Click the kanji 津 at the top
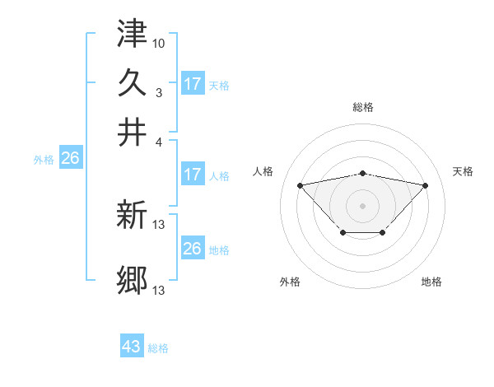[132, 34]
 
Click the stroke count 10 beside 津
[160, 42]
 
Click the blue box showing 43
[132, 347]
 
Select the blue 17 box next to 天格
[193, 83]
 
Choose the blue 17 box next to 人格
[193, 175]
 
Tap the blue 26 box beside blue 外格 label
[70, 159]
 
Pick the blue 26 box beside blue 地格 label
[193, 249]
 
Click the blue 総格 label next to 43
[158, 348]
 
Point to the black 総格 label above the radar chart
[363, 107]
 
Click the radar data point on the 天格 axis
[425, 185]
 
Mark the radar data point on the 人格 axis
[300, 184]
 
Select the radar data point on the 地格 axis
[383, 233]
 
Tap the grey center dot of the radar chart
[362, 205]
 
